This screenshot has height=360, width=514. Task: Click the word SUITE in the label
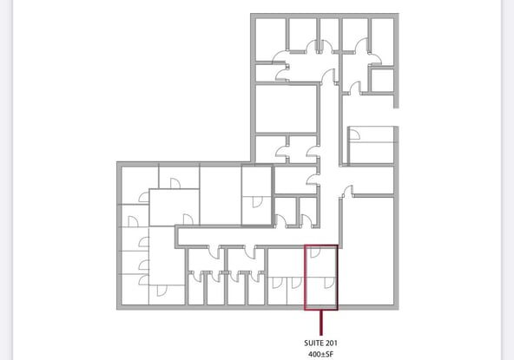(313, 343)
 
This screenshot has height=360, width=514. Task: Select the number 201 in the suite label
(331, 343)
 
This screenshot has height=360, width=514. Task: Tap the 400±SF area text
(320, 354)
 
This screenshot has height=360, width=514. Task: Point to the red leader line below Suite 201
(321, 323)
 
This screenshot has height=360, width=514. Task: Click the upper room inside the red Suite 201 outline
(321, 261)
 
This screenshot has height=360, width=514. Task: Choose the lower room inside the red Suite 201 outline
(321, 291)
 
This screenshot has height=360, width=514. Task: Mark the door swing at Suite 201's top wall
(315, 252)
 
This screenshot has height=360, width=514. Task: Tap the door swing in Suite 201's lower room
(329, 283)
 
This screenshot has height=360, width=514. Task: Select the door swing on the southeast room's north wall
(347, 192)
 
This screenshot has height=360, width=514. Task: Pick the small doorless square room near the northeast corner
(382, 81)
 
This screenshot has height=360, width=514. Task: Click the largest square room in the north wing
(286, 109)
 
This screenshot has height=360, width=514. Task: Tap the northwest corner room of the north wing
(270, 39)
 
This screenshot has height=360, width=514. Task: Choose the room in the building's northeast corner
(382, 42)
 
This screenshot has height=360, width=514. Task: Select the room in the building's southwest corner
(134, 290)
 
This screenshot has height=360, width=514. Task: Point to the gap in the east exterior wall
(396, 117)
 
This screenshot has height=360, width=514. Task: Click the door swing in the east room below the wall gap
(355, 134)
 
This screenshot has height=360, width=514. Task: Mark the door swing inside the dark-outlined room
(258, 202)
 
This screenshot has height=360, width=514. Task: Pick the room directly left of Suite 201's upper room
(287, 262)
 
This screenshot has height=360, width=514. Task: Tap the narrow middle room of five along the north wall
(329, 34)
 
